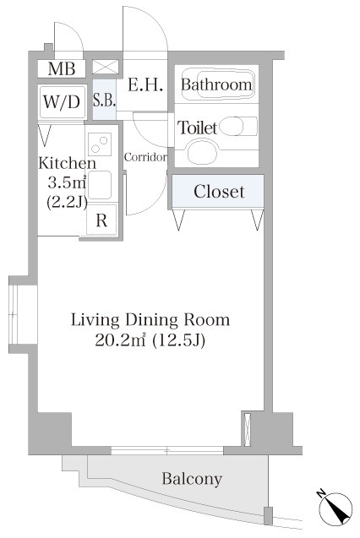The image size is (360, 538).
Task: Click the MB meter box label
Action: point(62,68)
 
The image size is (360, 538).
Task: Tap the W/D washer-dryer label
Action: point(62,101)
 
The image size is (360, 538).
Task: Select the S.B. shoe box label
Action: point(104,100)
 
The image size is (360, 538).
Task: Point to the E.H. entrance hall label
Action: point(145,84)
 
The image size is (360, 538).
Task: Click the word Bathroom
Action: point(216,84)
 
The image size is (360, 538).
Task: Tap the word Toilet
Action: point(198,128)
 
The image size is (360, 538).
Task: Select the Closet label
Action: point(219,192)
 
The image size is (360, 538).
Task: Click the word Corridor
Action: point(145,157)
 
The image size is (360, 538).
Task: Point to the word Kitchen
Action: point(68,163)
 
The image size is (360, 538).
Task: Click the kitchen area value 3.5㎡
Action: point(67,182)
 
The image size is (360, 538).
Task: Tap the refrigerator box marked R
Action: point(101,220)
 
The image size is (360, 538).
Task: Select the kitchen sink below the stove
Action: point(100,185)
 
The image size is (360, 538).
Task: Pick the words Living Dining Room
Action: point(150,320)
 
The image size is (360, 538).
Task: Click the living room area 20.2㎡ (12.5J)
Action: point(150,340)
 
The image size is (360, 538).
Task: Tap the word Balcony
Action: point(192,479)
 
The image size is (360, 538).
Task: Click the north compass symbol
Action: point(335,508)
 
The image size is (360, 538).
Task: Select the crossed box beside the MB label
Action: point(106,67)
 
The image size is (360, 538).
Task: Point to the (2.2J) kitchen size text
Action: point(67,203)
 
